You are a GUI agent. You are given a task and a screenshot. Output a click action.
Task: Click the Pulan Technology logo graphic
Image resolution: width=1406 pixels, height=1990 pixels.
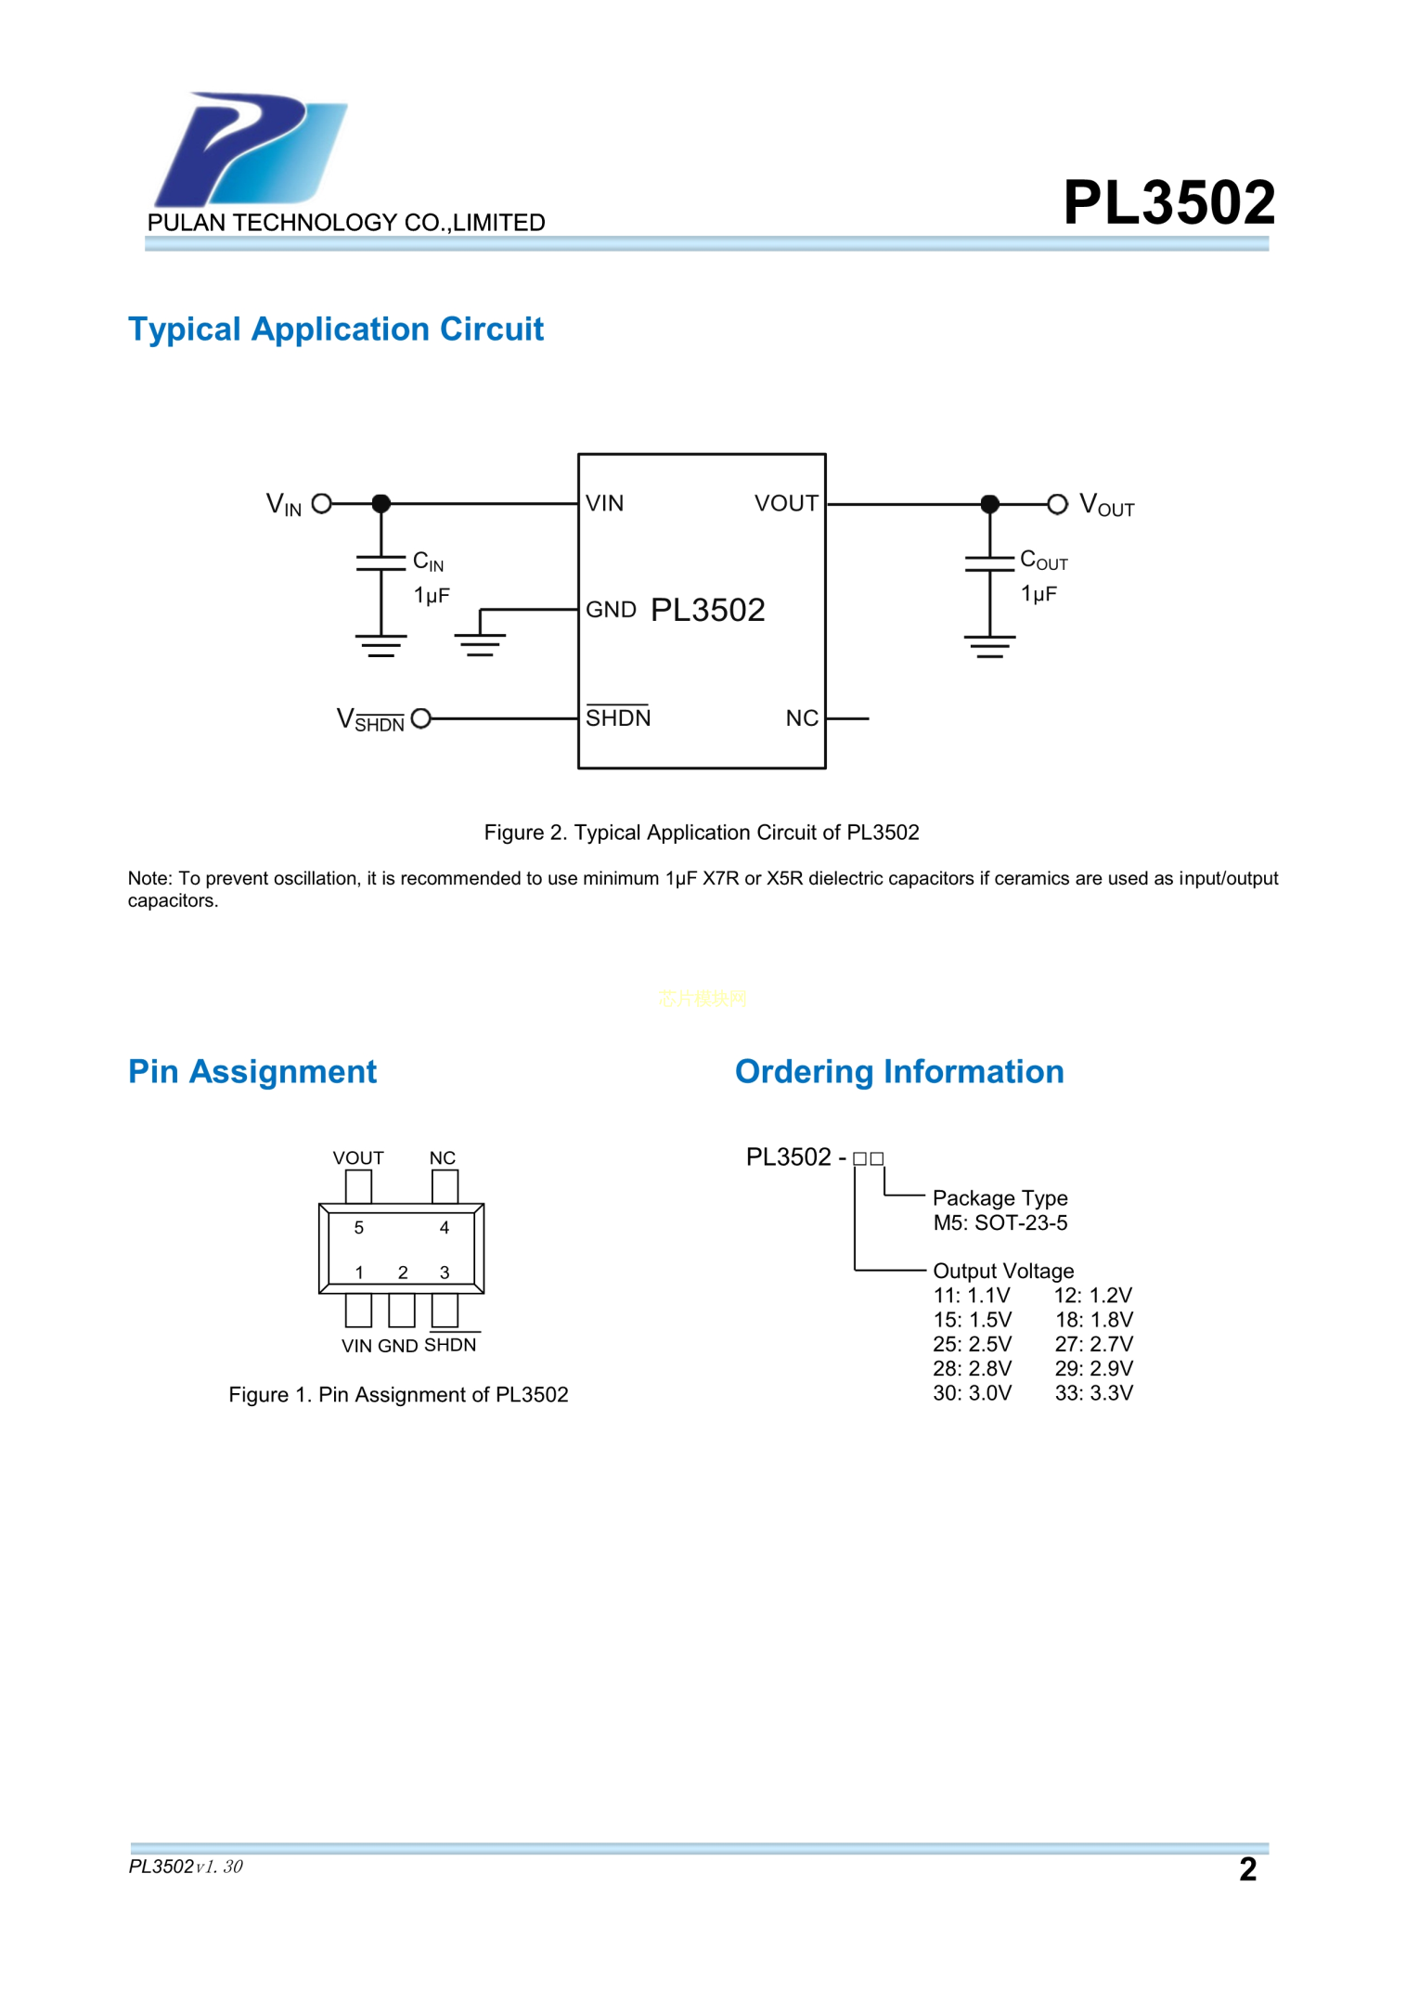click(x=249, y=149)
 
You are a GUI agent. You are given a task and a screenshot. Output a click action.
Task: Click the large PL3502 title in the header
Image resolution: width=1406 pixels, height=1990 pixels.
click(x=1167, y=202)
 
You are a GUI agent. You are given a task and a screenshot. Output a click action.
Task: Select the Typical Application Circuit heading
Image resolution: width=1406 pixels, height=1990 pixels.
click(x=335, y=330)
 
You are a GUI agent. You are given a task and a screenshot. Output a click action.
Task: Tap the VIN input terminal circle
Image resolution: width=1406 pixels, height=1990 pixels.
click(x=322, y=504)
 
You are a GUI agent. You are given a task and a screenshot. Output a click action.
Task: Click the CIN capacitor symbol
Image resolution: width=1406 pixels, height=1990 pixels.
click(x=381, y=562)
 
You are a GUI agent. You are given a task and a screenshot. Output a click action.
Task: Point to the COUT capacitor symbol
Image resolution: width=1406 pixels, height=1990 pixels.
click(x=989, y=562)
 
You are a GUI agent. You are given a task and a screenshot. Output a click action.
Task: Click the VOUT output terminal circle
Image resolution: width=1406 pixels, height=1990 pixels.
click(x=1057, y=504)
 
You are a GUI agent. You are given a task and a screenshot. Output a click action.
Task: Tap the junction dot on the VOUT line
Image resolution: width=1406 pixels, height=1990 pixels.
click(x=989, y=504)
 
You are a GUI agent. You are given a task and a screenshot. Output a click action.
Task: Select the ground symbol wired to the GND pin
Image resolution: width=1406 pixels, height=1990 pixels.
click(x=480, y=643)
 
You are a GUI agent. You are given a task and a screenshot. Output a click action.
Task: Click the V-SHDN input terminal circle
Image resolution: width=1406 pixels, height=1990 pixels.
click(x=420, y=718)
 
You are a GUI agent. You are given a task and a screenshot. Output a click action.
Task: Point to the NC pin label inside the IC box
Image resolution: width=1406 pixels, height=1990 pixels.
click(x=801, y=718)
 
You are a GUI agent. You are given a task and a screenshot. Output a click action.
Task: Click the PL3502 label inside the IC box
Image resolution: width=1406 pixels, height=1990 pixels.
click(x=707, y=610)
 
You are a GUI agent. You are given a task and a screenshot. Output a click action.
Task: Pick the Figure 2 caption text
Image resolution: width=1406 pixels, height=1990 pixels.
click(x=701, y=833)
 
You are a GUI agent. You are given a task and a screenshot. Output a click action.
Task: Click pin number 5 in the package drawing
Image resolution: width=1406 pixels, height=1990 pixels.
click(x=359, y=1227)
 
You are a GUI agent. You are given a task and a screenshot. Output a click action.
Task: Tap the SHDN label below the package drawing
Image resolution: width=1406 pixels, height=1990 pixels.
click(x=450, y=1345)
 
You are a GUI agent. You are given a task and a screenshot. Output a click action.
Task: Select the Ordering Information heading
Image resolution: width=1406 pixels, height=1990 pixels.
click(x=898, y=1072)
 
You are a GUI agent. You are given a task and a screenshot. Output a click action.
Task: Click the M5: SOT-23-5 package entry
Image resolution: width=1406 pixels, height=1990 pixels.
click(x=1000, y=1222)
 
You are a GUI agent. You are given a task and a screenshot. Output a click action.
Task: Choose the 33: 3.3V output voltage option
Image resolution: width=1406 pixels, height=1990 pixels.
click(x=1093, y=1392)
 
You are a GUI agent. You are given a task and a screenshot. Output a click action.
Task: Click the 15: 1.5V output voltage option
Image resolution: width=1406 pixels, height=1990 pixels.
click(x=972, y=1320)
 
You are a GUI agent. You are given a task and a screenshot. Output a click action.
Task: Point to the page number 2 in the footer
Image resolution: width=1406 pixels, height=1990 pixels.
click(x=1247, y=1868)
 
